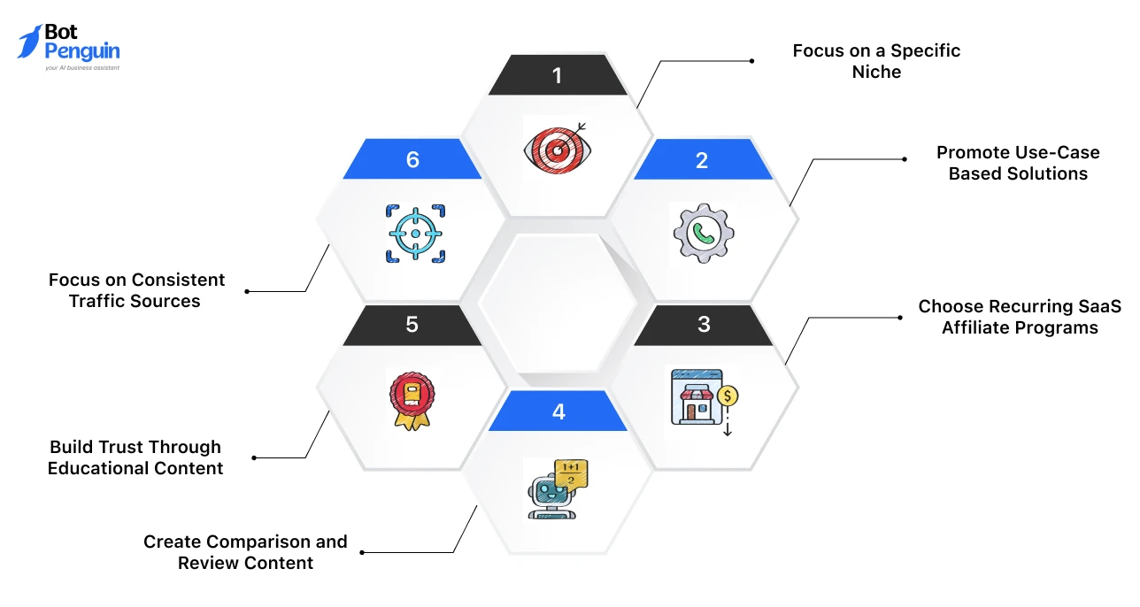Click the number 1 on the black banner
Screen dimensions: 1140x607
[558, 76]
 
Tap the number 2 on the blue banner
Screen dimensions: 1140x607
[702, 160]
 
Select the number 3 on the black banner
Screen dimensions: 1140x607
[704, 324]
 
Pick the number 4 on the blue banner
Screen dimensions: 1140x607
[558, 411]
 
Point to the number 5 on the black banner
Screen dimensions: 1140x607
[412, 324]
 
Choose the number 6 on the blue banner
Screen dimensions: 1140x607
[412, 160]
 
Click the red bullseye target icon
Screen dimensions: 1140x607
[558, 149]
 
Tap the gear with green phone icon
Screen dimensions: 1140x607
[704, 234]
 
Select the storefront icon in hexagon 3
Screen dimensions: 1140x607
[697, 397]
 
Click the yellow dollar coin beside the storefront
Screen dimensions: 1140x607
[728, 396]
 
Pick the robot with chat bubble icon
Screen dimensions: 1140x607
[558, 489]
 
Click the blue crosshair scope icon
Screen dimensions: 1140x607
[415, 234]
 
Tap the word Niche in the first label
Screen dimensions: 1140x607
[876, 72]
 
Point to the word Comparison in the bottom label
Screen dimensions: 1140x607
[258, 542]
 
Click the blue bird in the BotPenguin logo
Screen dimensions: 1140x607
[29, 42]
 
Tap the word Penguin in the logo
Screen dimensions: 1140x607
[82, 51]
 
